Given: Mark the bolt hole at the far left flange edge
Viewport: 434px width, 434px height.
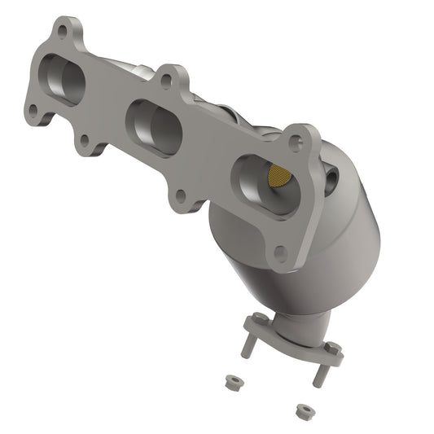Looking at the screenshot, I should [33, 109].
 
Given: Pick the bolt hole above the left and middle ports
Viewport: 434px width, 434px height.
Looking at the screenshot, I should [167, 81].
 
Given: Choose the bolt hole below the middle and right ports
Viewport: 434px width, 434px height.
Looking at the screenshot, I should [181, 196].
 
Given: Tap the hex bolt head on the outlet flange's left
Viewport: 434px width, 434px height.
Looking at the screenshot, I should [260, 319].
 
